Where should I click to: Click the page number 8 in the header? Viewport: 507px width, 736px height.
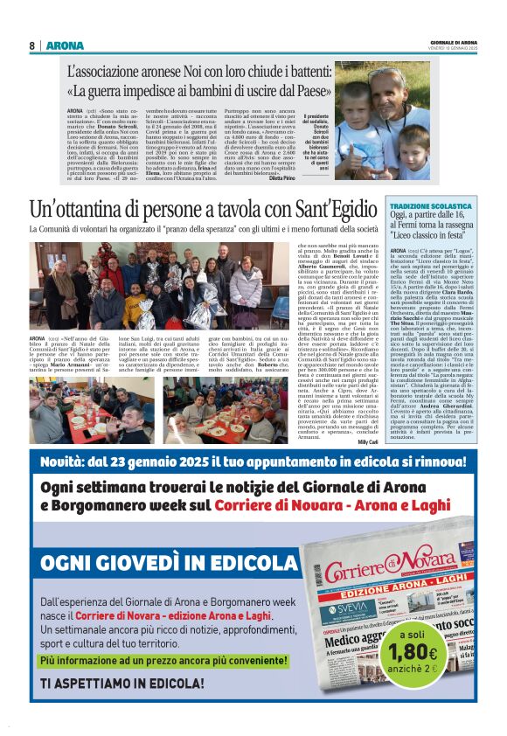(31, 45)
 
